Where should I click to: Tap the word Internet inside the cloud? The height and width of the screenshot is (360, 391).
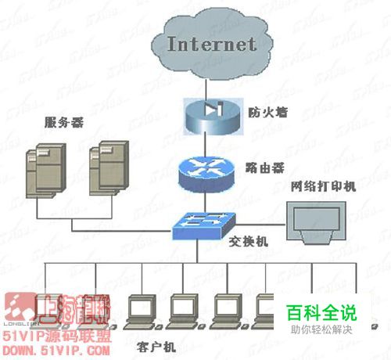click(x=212, y=44)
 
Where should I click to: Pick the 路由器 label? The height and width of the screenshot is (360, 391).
click(x=264, y=167)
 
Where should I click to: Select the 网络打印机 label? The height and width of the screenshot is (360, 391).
click(x=323, y=186)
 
